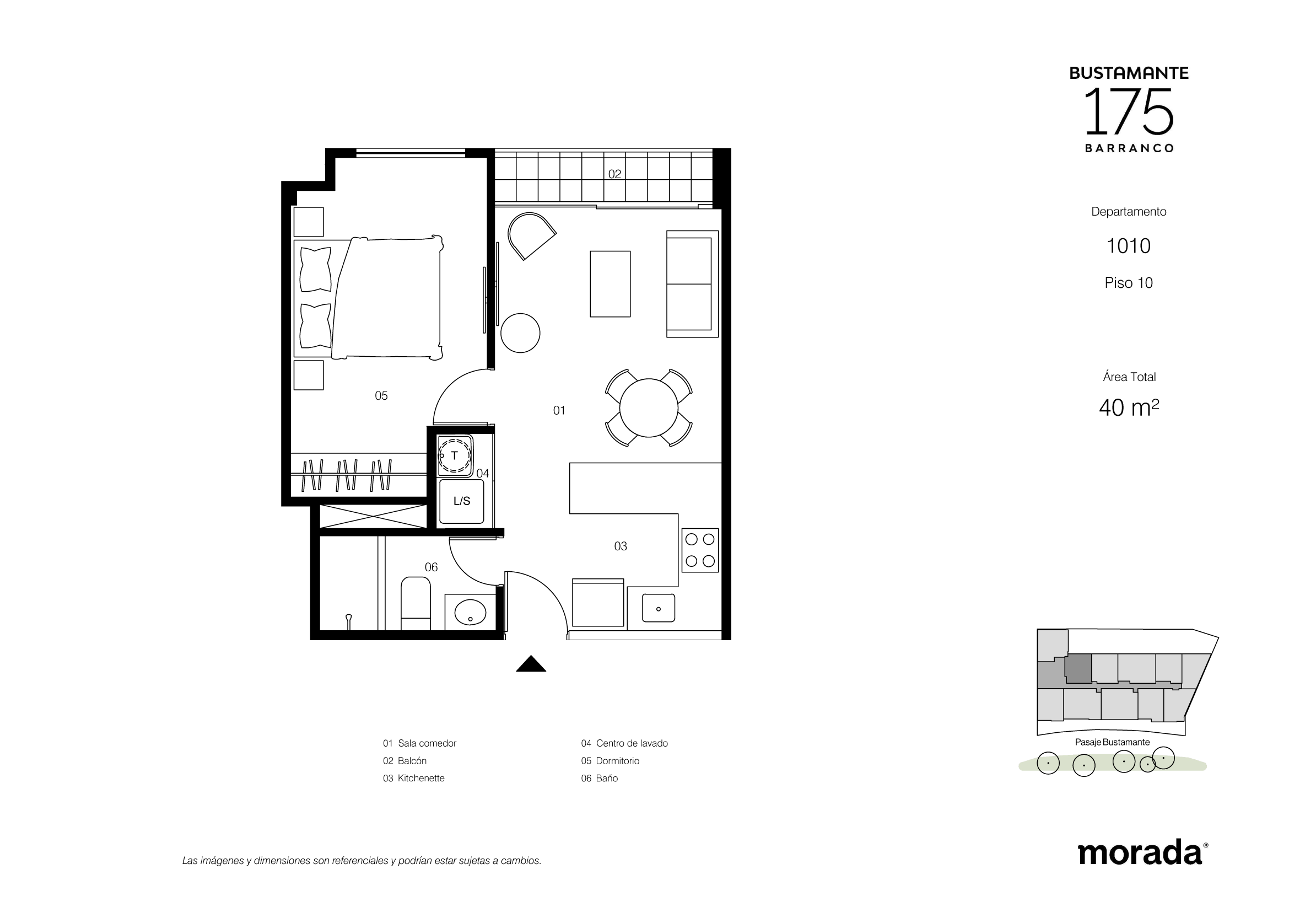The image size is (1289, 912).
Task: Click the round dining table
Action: [x=649, y=407]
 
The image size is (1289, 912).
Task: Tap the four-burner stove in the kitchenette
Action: [x=700, y=550]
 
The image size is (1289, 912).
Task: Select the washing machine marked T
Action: [x=455, y=456]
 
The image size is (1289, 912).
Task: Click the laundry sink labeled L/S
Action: [x=461, y=501]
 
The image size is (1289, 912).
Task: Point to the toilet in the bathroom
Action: [x=416, y=603]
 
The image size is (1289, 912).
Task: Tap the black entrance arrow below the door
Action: [x=531, y=664]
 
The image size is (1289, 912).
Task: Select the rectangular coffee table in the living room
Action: [x=610, y=284]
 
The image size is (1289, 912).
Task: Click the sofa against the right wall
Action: [x=692, y=284]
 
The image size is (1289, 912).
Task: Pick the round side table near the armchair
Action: [x=520, y=333]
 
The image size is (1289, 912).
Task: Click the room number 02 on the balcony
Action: [x=615, y=174]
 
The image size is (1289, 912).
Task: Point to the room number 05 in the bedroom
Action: [x=381, y=396]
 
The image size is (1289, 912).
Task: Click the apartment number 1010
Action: [x=1129, y=246]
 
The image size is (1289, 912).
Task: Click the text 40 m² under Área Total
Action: [x=1129, y=407]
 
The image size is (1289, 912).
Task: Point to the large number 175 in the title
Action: [x=1129, y=112]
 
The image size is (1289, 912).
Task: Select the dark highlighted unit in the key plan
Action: [x=1078, y=669]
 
